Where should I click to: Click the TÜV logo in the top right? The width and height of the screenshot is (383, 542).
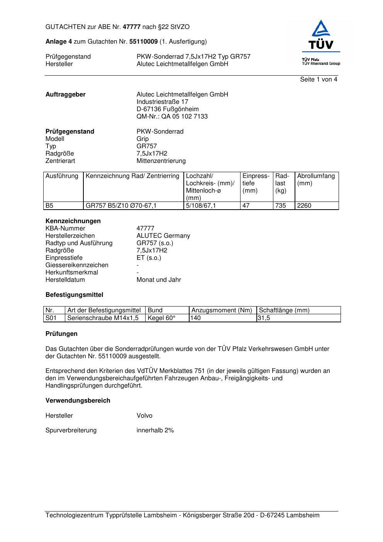321,42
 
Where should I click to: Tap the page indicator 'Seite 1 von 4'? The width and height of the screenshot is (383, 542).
319,80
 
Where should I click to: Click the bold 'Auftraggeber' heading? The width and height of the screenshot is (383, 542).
66,95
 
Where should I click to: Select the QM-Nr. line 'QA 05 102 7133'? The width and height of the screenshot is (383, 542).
172,117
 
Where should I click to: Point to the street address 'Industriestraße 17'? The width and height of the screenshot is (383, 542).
162,102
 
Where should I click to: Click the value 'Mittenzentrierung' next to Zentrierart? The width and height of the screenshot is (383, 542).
161,161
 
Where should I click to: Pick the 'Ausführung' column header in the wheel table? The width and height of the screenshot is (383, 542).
62,176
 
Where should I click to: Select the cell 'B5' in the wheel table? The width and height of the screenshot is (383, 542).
49,206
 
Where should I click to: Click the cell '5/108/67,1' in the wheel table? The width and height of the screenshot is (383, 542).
201,206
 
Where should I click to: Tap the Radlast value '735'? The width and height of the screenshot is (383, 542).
281,206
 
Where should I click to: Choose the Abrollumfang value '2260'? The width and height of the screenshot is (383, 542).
304,206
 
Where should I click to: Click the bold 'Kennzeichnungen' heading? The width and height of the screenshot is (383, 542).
73,221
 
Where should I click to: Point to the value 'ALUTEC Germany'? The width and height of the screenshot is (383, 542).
163,236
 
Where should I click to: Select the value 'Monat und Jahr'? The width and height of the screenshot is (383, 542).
159,280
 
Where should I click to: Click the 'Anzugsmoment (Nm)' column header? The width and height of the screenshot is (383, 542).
222,310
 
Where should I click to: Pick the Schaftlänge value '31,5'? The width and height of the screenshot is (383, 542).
264,318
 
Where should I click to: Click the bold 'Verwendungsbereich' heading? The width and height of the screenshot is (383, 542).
78,401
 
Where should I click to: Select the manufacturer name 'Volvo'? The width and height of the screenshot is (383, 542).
144,416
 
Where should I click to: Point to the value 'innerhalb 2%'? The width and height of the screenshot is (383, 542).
155,430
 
